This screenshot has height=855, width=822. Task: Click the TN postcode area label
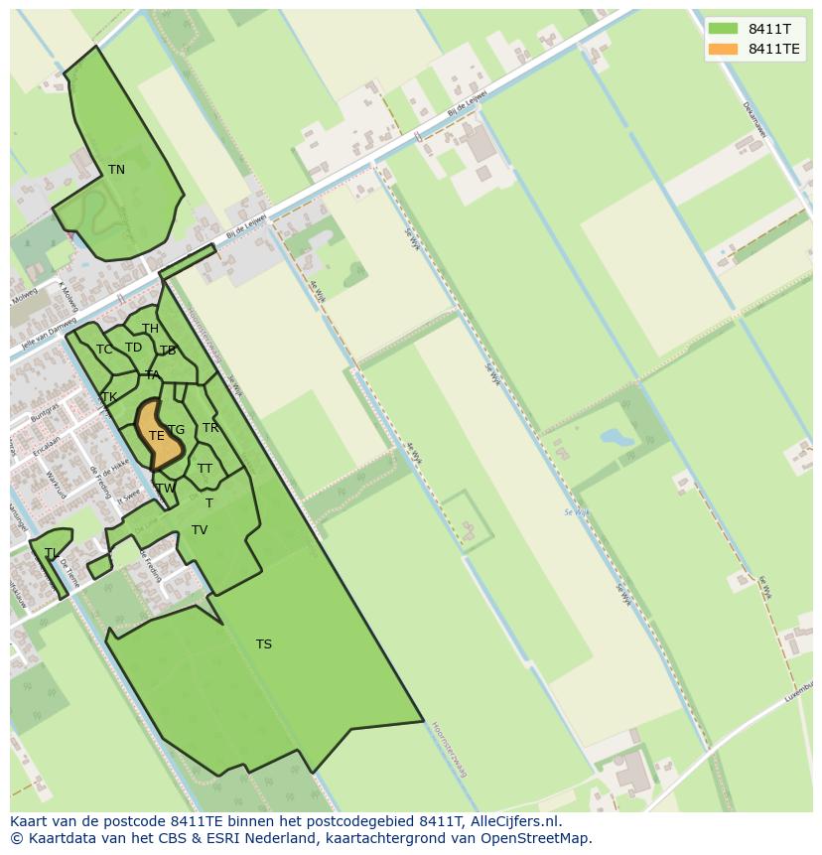(x=116, y=170)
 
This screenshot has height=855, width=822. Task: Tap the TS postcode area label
(x=263, y=644)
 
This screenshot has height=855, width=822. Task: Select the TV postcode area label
(x=200, y=530)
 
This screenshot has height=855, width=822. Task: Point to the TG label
(x=177, y=430)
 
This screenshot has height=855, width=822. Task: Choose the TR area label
(x=210, y=428)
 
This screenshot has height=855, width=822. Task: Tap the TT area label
(x=205, y=469)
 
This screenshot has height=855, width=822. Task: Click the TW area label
(x=165, y=489)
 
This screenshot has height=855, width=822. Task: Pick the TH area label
(x=150, y=329)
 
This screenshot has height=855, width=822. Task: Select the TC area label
(x=104, y=350)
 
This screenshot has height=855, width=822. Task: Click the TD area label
(x=133, y=348)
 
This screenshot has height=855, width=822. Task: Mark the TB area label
(x=168, y=351)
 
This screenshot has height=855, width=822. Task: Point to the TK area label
(x=109, y=397)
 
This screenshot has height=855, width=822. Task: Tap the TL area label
(x=51, y=553)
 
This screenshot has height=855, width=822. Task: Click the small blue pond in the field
(x=616, y=436)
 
